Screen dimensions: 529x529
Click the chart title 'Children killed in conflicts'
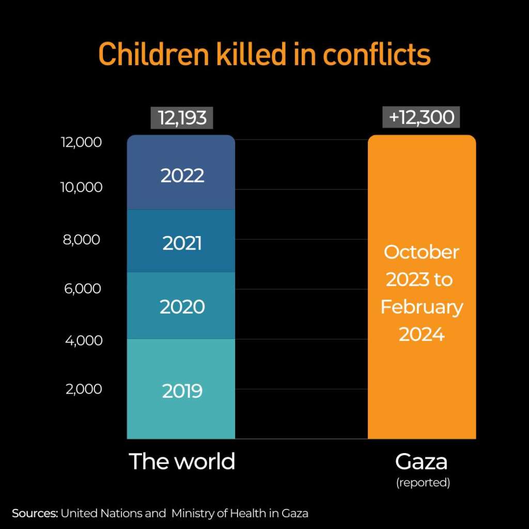click(x=264, y=54)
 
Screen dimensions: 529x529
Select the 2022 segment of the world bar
click(x=182, y=176)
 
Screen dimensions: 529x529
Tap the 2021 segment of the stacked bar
click(x=182, y=243)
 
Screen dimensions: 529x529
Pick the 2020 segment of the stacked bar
click(x=182, y=307)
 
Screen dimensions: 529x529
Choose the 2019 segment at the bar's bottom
click(x=182, y=391)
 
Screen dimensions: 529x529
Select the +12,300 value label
click(x=421, y=117)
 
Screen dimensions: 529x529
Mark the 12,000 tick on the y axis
click(x=82, y=143)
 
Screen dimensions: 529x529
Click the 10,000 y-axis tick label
click(x=82, y=187)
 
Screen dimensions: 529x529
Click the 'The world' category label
click(x=182, y=461)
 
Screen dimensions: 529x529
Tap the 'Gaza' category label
click(x=422, y=461)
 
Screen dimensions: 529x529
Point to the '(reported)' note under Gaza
click(x=423, y=483)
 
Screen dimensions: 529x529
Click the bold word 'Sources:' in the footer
click(x=35, y=514)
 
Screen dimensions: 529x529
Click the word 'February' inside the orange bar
click(x=422, y=307)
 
